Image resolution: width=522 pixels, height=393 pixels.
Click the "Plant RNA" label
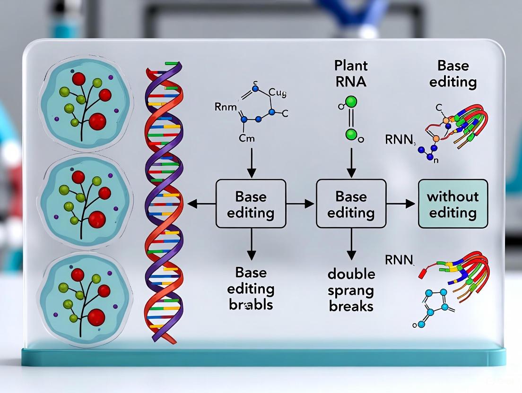point(350,74)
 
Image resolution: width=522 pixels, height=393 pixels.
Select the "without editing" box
point(452,204)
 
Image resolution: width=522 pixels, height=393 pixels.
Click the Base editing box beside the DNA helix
point(251,204)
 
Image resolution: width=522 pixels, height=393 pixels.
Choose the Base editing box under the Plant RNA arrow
point(351,204)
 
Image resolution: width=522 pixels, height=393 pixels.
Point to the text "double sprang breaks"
point(351,290)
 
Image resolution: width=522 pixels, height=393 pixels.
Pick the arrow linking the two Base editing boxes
point(301,204)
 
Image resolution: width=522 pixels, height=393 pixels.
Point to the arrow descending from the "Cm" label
point(251,161)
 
